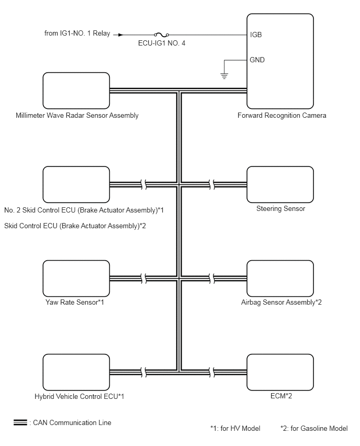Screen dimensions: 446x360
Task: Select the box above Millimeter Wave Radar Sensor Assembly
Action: pyautogui.click(x=76, y=91)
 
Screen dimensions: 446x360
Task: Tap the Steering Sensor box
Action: pyautogui.click(x=280, y=184)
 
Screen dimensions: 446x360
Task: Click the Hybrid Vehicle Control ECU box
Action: pyautogui.click(x=76, y=371)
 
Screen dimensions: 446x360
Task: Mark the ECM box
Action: pyautogui.click(x=280, y=371)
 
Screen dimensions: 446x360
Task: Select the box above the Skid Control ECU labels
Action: pyautogui.click(x=76, y=184)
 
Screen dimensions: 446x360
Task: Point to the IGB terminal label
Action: pyautogui.click(x=256, y=35)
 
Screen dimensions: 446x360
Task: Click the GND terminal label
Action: pyautogui.click(x=257, y=60)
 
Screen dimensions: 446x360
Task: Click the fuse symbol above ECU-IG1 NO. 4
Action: pyautogui.click(x=159, y=35)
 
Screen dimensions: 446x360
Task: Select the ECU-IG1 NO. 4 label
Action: pyautogui.click(x=159, y=44)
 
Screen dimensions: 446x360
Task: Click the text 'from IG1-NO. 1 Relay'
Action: pyautogui.click(x=77, y=35)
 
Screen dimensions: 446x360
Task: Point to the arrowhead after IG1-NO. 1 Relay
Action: pyautogui.click(x=121, y=35)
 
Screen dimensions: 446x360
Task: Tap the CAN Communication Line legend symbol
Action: pyautogui.click(x=20, y=422)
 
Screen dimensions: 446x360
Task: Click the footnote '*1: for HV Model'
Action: pyautogui.click(x=235, y=428)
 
